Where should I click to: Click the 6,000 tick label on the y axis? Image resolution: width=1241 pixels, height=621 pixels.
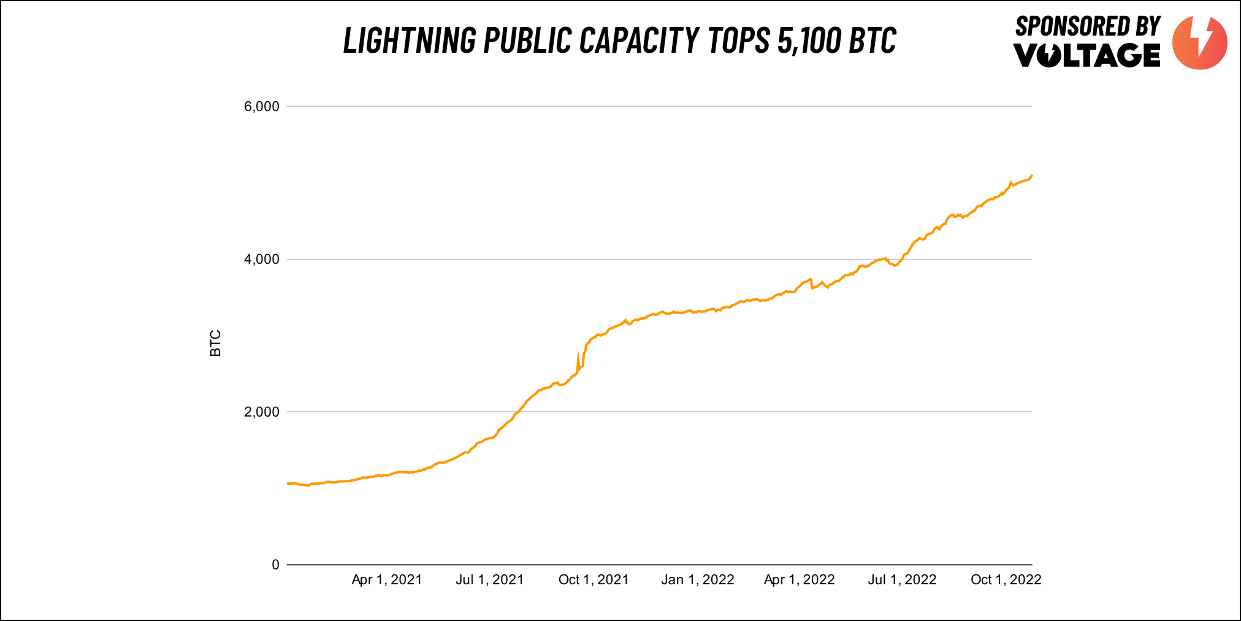[x=261, y=107]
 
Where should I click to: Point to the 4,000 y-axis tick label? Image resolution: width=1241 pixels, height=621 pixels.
[x=261, y=260]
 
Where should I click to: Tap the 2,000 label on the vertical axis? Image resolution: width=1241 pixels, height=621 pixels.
[x=261, y=412]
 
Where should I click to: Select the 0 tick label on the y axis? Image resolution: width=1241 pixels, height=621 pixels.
[x=275, y=565]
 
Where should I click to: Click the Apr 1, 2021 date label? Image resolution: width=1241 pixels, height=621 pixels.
[x=387, y=580]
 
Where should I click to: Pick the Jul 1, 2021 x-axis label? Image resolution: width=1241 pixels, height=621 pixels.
[x=490, y=580]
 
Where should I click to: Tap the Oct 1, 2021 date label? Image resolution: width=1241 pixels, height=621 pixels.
[x=594, y=580]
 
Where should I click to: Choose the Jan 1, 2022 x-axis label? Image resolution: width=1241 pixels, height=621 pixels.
[x=698, y=580]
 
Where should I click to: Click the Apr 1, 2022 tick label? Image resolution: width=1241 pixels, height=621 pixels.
[x=800, y=580]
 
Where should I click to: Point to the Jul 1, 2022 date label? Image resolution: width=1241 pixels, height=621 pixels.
[x=903, y=580]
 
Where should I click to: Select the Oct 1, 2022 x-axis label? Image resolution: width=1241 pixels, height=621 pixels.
[x=1006, y=580]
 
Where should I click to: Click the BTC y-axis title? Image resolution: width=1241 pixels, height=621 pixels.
[x=216, y=344]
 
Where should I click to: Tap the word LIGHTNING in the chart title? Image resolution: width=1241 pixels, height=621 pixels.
[x=410, y=40]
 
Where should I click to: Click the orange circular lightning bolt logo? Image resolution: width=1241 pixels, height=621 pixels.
[x=1200, y=42]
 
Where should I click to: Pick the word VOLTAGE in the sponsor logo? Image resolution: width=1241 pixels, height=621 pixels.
[x=1087, y=55]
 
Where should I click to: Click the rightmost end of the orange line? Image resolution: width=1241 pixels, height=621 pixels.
[x=1032, y=175]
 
